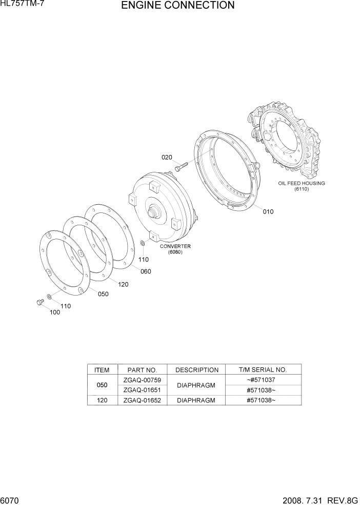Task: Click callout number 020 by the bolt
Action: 167,158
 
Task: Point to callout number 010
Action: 268,211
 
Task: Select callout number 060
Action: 146,271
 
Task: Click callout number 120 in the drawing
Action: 123,284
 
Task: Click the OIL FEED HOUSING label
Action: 302,183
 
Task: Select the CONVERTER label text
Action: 175,246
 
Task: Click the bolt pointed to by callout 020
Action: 180,166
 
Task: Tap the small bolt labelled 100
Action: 39,303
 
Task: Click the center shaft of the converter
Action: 153,211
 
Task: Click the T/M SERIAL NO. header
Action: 263,369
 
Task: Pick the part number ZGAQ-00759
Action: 143,380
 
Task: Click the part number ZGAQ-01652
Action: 143,400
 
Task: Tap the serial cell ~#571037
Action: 261,380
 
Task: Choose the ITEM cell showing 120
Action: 102,400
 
